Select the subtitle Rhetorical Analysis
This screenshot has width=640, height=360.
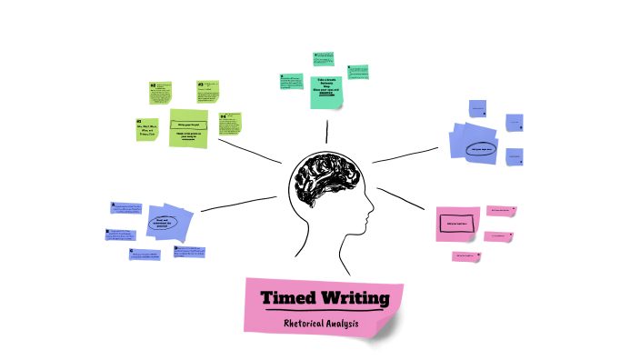321,323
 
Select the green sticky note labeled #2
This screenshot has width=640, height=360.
161,92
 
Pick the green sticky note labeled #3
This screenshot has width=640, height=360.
208,94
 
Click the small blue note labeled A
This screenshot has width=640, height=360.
127,209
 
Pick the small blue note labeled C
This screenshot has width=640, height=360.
144,255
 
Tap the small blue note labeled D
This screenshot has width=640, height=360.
189,250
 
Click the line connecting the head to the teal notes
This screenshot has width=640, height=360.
326,131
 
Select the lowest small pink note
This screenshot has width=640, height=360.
466,257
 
